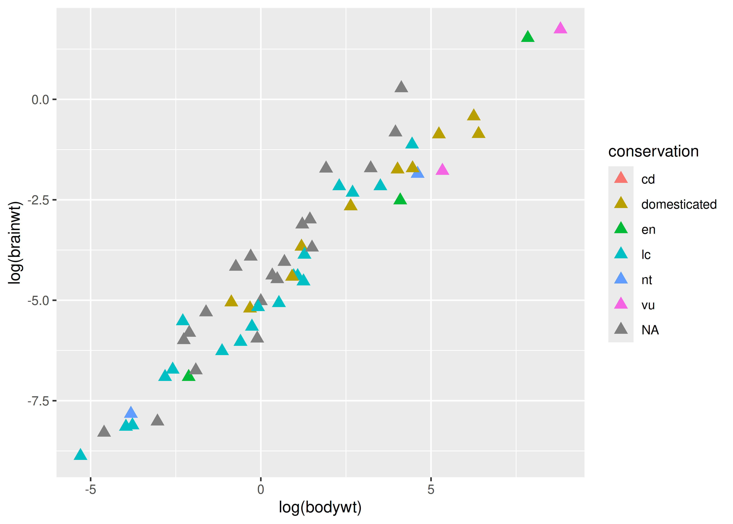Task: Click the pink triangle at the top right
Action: point(560,28)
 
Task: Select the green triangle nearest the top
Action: point(527,37)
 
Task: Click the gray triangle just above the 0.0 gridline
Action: point(401,87)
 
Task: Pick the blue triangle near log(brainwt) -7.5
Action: point(131,413)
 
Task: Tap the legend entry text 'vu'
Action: point(648,305)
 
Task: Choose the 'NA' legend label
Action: point(650,330)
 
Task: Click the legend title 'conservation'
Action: point(653,151)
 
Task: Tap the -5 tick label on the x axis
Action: point(91,489)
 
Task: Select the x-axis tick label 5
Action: point(431,489)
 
